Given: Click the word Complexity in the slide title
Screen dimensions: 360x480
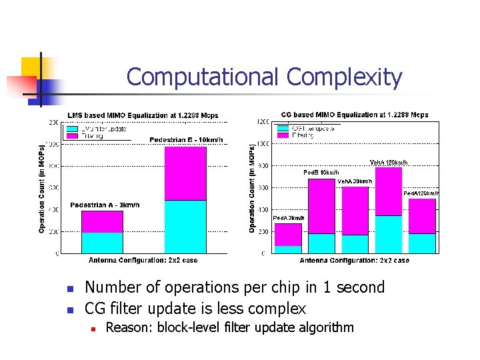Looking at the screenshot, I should tap(344, 77).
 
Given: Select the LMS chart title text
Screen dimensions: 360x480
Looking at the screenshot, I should tap(143, 115).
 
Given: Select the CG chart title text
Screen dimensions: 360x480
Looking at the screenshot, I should tap(355, 115).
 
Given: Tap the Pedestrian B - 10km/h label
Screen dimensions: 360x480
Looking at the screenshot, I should tap(186, 140).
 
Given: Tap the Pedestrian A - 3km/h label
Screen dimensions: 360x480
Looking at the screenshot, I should tap(105, 205).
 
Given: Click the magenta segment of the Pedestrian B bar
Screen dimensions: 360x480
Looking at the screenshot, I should tap(185, 173).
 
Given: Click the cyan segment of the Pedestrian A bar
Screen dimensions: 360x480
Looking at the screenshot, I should tap(102, 243).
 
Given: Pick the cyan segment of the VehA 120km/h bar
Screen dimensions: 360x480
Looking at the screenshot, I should tap(389, 234).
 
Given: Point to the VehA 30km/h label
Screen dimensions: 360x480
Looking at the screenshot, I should tap(355, 181).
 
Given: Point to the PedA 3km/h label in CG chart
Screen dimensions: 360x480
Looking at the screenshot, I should tap(289, 218).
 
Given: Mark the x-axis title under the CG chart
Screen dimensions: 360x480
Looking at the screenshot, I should tap(354, 261).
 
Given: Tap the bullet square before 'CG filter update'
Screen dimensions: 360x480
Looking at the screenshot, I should tap(69, 309).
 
